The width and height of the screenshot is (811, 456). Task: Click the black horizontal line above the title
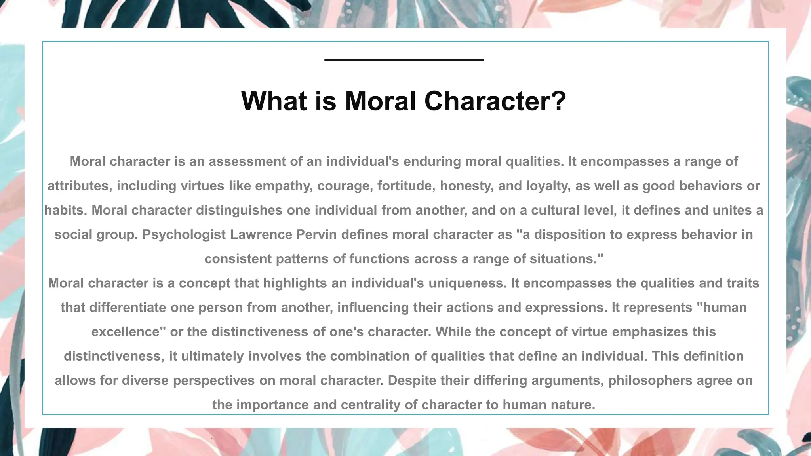pos(404,60)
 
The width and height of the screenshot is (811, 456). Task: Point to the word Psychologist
pos(184,235)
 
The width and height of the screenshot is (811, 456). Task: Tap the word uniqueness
pos(467,283)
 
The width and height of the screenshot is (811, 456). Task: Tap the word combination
pos(370,356)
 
